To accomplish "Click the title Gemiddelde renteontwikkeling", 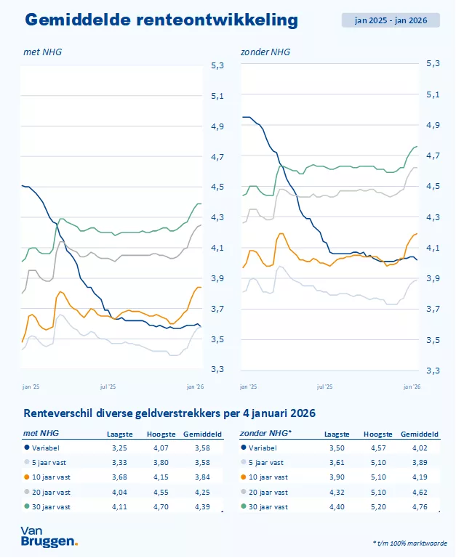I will (x=161, y=20).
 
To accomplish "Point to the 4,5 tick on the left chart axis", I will (x=217, y=187).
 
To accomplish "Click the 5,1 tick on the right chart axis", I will (x=433, y=94).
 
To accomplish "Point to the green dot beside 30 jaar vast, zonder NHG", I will (x=244, y=506).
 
